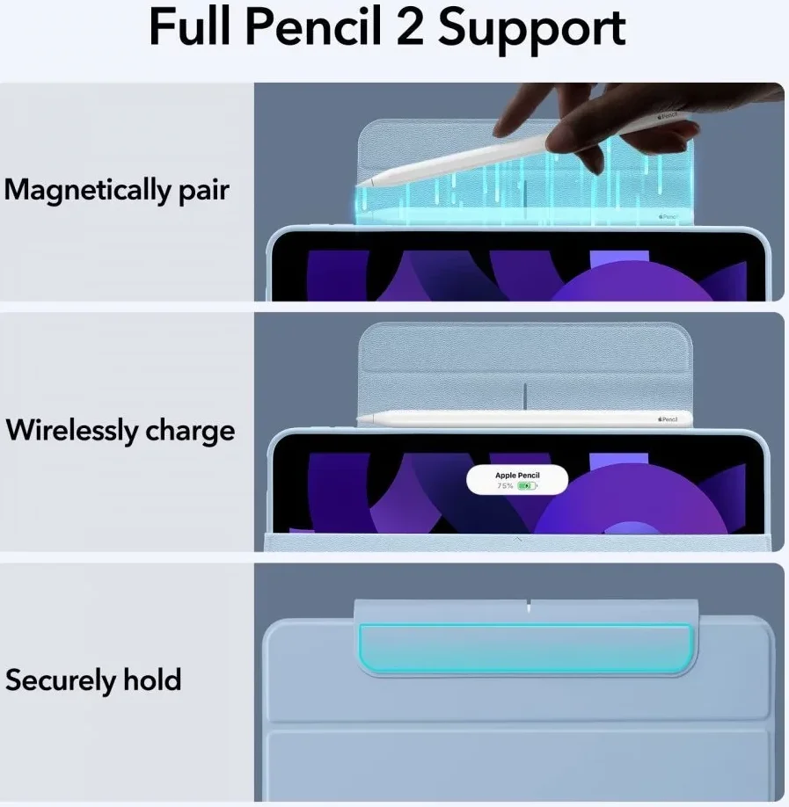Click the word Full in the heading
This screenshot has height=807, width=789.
click(x=189, y=27)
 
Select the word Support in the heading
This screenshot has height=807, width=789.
click(x=531, y=31)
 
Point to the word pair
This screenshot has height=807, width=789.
click(x=204, y=192)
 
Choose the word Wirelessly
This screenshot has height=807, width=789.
click(x=71, y=430)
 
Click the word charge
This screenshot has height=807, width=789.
click(x=190, y=432)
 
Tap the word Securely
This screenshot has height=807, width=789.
click(x=61, y=680)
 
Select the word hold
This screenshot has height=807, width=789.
click(x=152, y=680)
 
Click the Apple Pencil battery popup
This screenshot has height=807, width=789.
click(x=517, y=480)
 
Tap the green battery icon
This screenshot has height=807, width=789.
click(x=527, y=486)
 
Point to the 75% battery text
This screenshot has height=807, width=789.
click(x=505, y=486)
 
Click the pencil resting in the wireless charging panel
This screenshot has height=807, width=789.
click(x=525, y=418)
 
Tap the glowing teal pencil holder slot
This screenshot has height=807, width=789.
click(x=525, y=649)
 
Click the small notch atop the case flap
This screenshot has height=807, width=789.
click(x=529, y=606)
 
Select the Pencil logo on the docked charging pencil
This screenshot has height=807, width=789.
click(x=668, y=419)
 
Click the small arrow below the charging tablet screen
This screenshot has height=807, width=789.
click(x=518, y=540)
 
